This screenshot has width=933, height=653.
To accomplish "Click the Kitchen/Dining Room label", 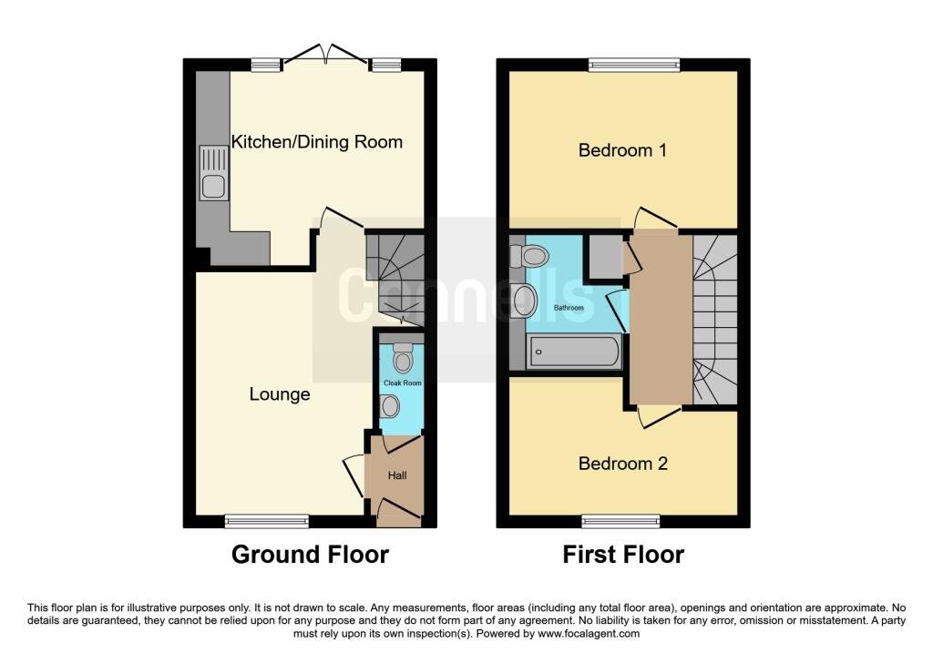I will (x=316, y=142).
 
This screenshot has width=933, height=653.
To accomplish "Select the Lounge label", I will (x=280, y=394).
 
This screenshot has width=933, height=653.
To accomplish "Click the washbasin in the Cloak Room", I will (x=392, y=406).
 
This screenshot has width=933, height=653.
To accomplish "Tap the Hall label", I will (x=397, y=475).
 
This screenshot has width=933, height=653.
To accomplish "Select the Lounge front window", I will (x=267, y=521).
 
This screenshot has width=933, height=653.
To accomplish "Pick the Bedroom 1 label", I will (x=622, y=149).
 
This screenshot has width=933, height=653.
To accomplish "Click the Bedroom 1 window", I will (x=633, y=65).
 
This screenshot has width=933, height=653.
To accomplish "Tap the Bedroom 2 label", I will (x=623, y=464).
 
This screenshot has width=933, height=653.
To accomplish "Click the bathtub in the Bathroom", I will (x=573, y=351).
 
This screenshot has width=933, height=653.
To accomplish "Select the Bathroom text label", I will (x=569, y=308).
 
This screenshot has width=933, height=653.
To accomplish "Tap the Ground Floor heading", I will (x=310, y=554).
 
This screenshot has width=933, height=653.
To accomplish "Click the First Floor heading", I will (x=623, y=554).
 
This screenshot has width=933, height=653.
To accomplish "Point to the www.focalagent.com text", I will (x=590, y=633).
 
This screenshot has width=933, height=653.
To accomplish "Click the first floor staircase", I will (x=714, y=319).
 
